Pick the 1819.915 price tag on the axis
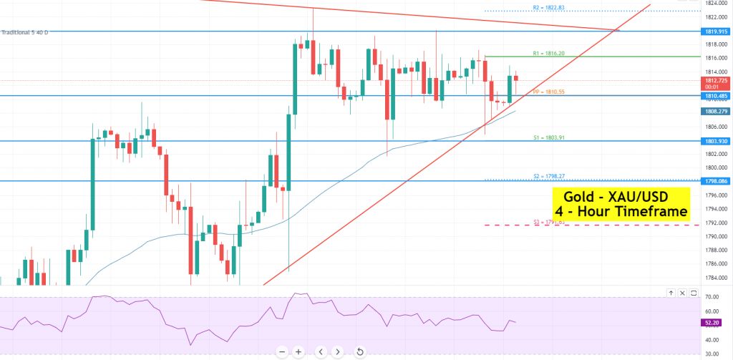[717, 31]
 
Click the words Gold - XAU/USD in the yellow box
[621, 197]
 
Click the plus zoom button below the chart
[298, 351]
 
